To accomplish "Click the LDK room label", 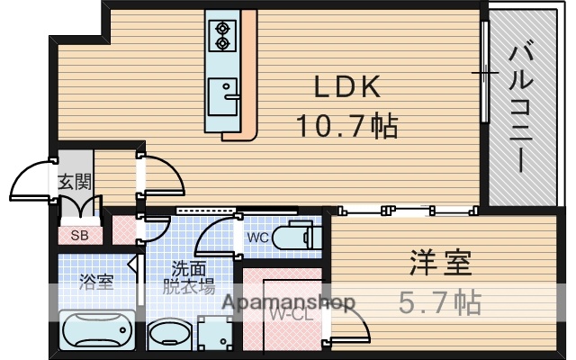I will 346,88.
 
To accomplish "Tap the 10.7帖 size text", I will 347,126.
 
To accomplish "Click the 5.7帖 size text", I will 439,301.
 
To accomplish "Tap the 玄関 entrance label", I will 75,181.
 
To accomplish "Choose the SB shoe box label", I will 79,236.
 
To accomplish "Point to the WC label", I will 257,238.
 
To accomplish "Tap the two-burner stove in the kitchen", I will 221,35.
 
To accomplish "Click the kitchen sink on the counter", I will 221,92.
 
